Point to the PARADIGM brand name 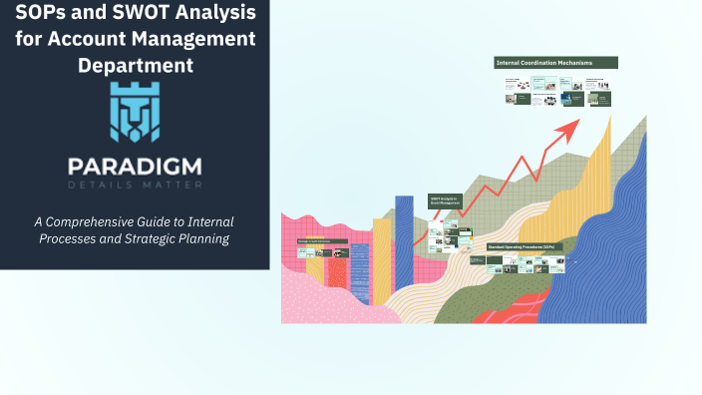135,165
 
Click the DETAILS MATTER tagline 135,185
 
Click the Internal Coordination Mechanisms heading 555,63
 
